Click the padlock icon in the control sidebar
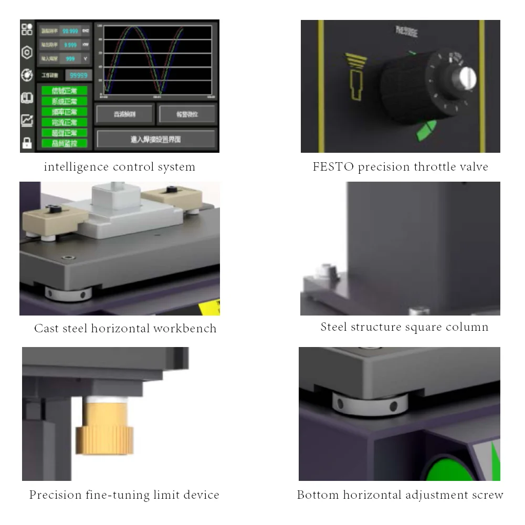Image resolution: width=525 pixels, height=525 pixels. (27, 143)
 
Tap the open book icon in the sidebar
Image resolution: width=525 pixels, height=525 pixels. (27, 98)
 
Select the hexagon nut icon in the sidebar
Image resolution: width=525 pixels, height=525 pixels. (27, 52)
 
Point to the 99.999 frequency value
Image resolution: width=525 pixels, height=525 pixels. (70, 31)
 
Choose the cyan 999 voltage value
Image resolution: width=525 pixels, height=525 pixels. (70, 59)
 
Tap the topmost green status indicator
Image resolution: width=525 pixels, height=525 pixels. (65, 90)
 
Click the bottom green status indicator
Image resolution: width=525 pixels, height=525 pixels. (65, 143)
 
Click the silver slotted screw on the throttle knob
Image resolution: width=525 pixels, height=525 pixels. (467, 78)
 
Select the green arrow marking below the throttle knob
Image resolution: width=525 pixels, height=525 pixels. (426, 132)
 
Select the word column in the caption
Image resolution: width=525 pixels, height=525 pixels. (468, 327)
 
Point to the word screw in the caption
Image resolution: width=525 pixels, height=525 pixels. (486, 495)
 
